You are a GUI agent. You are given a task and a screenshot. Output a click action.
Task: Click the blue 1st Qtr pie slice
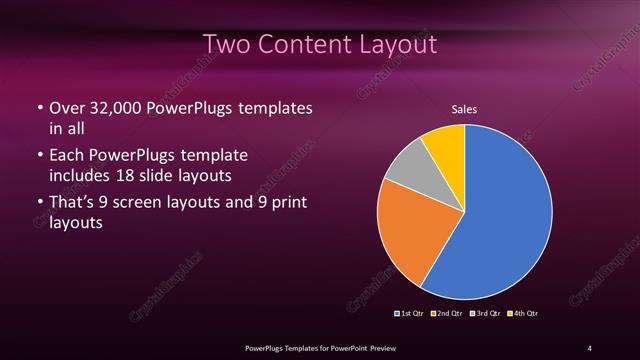coord(505,215)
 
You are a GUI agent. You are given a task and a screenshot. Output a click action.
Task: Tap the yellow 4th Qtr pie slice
coord(444,145)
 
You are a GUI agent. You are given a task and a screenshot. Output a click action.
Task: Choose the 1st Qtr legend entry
coord(410,313)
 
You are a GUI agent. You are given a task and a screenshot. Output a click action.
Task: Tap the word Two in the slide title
coord(226,45)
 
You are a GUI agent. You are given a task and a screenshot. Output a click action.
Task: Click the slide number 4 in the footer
coord(590,347)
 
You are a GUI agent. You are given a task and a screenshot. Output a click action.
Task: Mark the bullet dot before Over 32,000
coord(39,108)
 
